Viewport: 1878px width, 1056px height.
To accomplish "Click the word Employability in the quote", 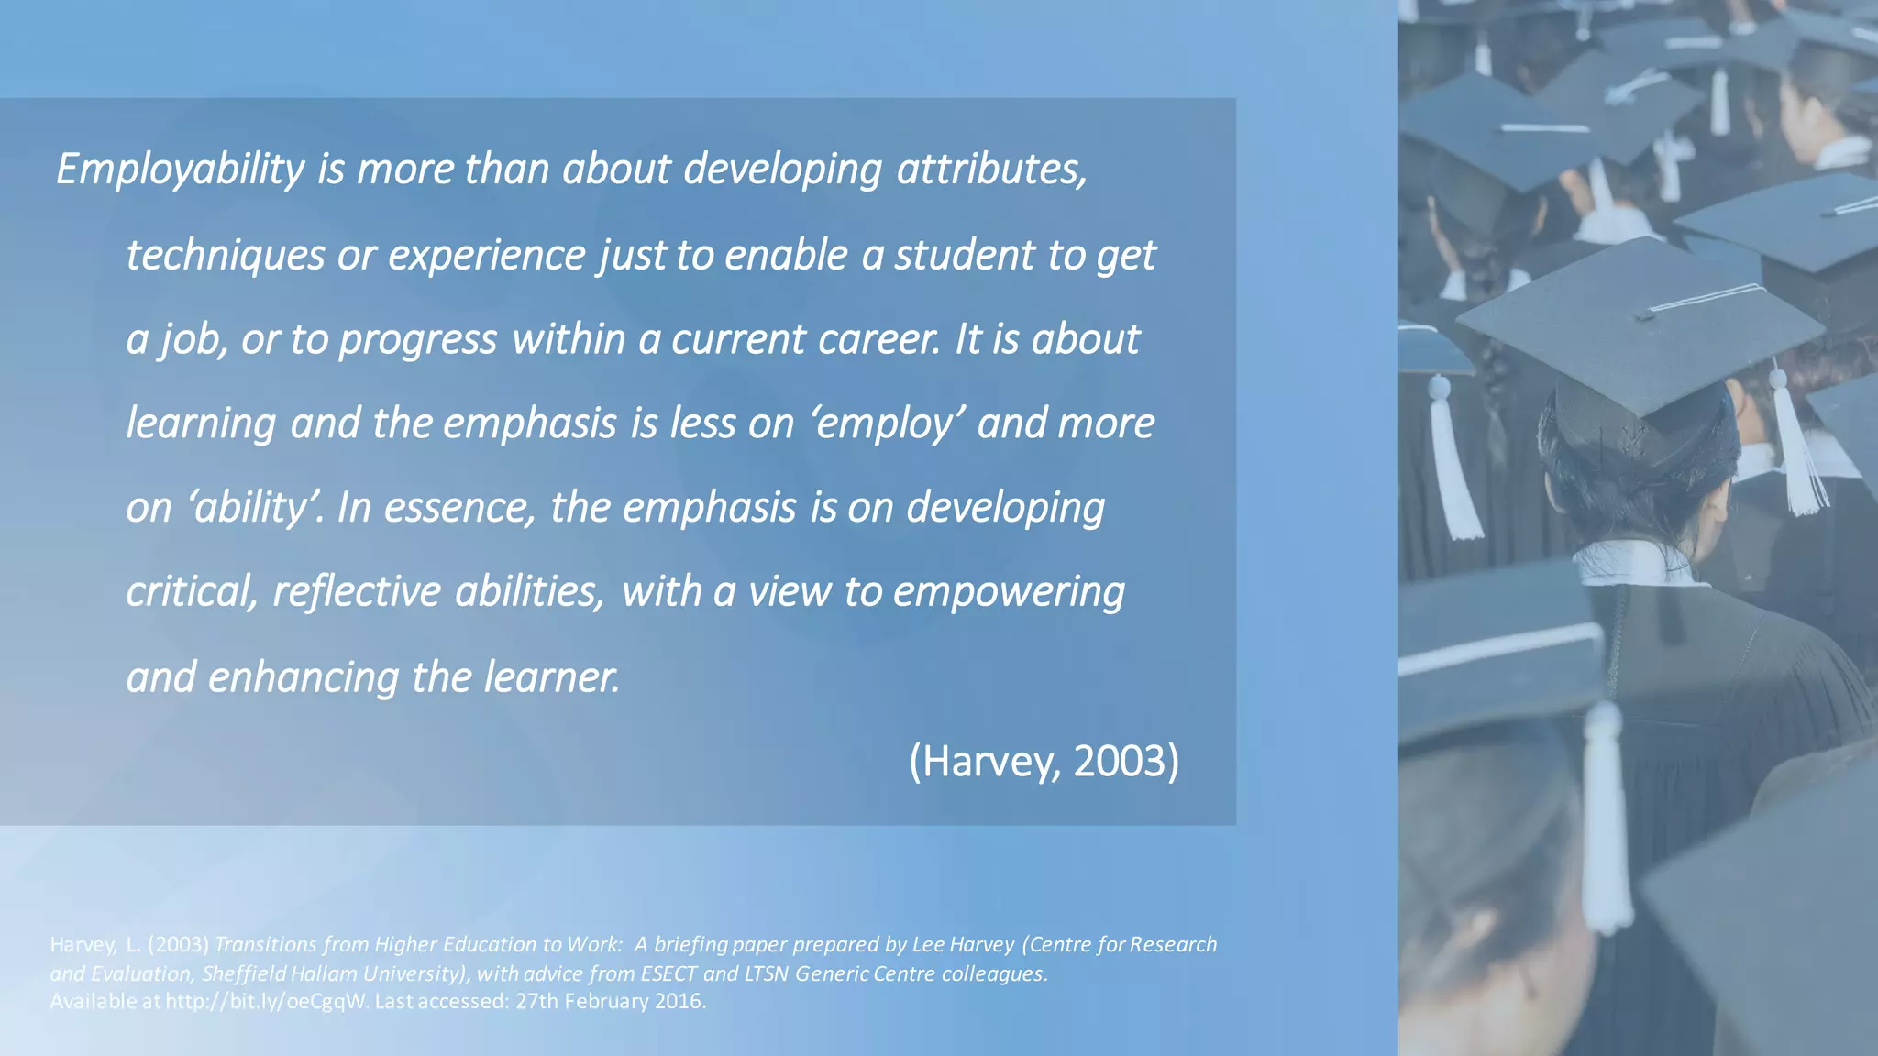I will [181, 170].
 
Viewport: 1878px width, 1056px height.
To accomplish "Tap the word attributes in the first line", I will [991, 170].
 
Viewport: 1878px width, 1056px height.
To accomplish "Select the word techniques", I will [225, 255].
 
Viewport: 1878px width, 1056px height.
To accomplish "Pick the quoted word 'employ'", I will [887, 423].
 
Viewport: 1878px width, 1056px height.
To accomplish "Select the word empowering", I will [1009, 592].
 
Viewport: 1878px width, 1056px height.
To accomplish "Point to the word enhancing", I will [304, 677].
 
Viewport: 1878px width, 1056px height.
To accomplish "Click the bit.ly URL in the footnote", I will [266, 1001].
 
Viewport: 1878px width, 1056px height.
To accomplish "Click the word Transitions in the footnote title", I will [265, 945].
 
